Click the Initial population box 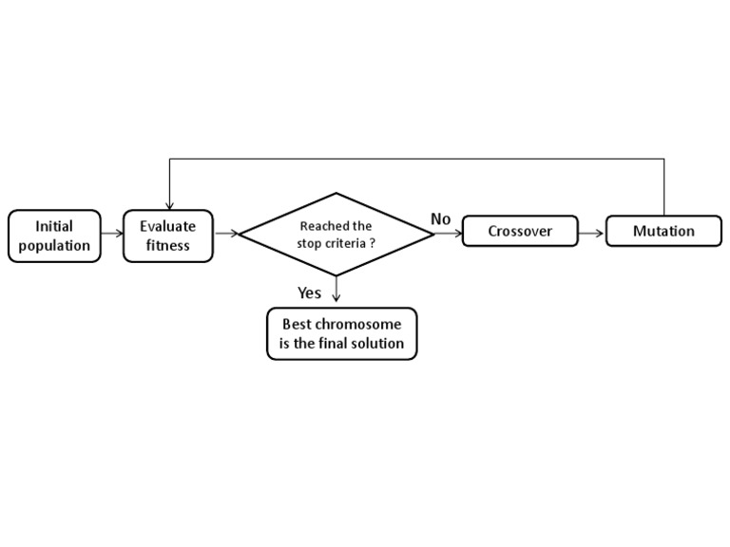point(54,236)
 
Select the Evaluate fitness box point(168,236)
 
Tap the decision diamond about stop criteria point(336,234)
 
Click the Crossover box point(520,231)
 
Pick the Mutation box point(663,231)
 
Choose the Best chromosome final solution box point(341,333)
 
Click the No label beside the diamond point(440,219)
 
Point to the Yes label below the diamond point(309,292)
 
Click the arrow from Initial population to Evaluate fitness point(112,233)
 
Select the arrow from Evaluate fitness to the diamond point(226,233)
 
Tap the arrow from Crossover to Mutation point(591,233)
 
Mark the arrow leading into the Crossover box point(450,233)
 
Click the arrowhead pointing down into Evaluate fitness point(169,205)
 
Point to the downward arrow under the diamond point(336,291)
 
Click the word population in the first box point(54,245)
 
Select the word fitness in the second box point(168,245)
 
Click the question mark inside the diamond point(372,243)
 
